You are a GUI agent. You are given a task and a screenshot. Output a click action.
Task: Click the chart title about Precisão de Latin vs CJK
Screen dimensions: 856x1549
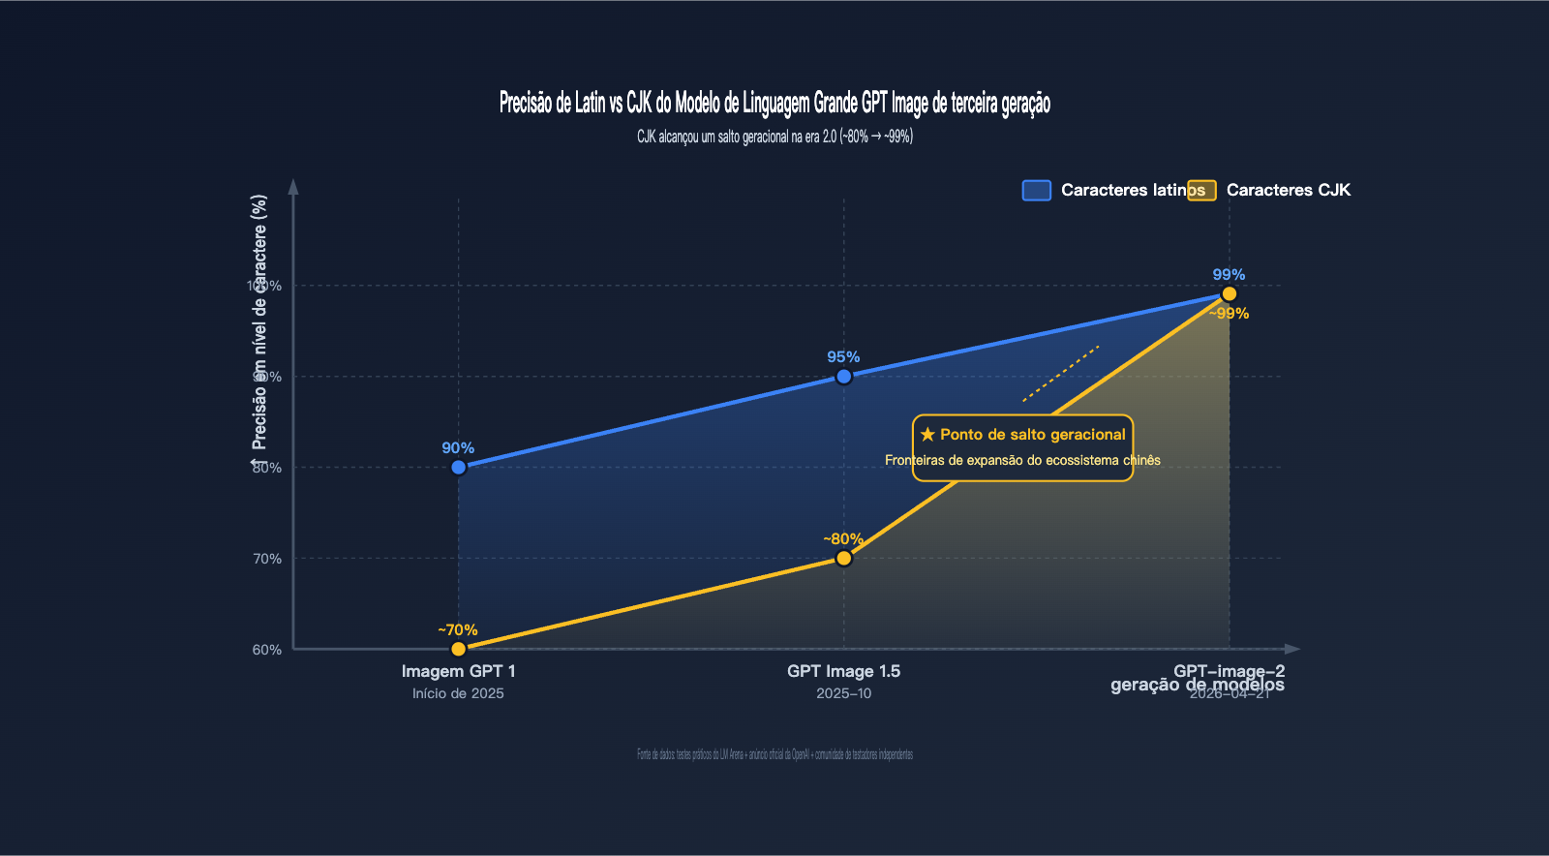(774, 103)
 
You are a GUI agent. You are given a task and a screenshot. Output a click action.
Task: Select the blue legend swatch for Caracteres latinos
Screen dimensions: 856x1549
(1037, 190)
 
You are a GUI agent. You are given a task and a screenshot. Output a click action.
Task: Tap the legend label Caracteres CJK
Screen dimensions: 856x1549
(1288, 190)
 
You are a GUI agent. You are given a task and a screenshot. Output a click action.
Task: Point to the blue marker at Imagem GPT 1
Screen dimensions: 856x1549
(459, 468)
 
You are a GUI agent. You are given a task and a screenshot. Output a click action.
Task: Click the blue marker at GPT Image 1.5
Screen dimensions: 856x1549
(844, 377)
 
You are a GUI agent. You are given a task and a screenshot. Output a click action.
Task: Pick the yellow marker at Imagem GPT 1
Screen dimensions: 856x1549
(459, 649)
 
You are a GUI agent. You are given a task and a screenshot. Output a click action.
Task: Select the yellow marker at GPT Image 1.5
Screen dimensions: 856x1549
(844, 558)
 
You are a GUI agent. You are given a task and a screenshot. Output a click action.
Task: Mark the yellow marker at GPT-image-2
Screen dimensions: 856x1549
(1230, 293)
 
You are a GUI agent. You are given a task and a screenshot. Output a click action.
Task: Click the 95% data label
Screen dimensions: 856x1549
(843, 357)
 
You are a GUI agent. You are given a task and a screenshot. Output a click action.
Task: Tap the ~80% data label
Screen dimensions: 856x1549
(843, 539)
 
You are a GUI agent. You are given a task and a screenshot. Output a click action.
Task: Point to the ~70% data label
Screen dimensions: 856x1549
(458, 630)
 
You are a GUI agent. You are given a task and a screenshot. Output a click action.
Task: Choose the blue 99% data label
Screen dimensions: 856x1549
(1229, 275)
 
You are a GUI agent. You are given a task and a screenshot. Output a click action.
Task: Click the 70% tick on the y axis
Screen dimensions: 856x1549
(267, 559)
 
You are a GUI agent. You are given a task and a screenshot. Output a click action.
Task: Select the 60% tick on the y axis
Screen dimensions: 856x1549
(267, 650)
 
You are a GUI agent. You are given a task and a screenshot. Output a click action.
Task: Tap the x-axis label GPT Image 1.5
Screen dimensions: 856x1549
(843, 671)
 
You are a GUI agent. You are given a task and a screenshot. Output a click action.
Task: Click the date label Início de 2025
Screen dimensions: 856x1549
(458, 693)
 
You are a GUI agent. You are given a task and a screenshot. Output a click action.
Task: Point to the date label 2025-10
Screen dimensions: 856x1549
(843, 693)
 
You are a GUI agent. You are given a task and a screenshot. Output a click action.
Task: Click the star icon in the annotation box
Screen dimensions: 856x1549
(927, 435)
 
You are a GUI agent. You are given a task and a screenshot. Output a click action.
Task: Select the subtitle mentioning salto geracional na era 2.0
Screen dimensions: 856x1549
(774, 137)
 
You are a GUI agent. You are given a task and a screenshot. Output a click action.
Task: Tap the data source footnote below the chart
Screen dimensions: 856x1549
(774, 754)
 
